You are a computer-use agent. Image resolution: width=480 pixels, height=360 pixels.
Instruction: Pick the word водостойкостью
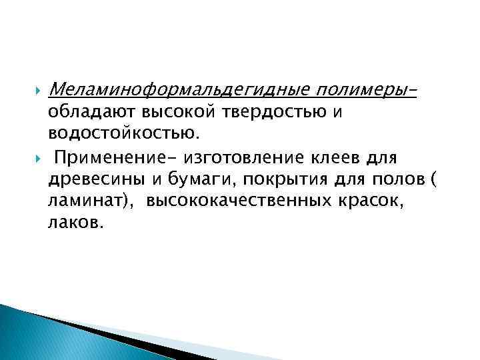point(123,135)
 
